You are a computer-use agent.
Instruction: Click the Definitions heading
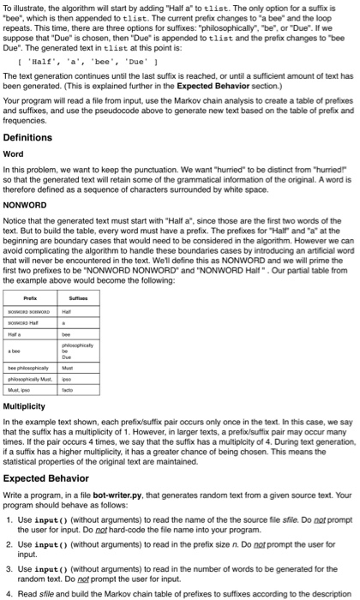tap(27, 137)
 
